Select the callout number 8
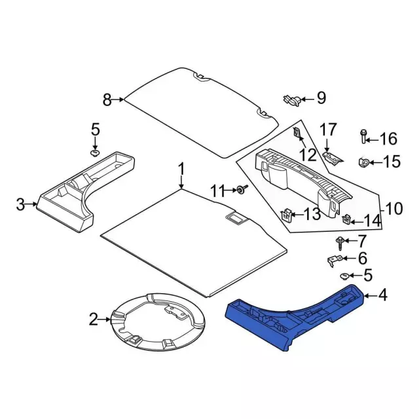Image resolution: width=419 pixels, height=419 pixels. (107, 100)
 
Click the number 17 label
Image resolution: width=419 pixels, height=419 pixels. (329, 130)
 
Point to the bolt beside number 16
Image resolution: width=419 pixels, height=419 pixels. (363, 136)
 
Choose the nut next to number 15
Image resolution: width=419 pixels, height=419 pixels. (363, 162)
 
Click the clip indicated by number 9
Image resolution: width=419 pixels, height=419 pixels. (292, 100)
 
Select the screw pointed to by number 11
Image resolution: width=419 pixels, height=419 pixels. (242, 190)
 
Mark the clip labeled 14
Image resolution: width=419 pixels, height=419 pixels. (346, 219)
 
